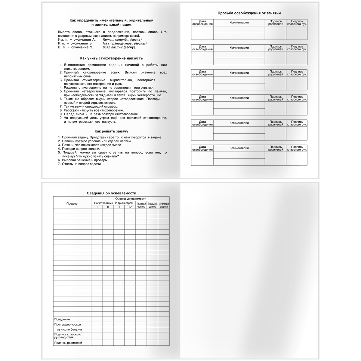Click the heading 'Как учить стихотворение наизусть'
[x=112, y=58]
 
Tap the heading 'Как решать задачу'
[x=111, y=131]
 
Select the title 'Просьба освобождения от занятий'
[x=249, y=13]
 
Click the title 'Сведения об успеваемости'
[x=111, y=193]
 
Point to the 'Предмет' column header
[x=72, y=204]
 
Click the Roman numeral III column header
[x=119, y=207]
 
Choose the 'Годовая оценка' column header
[x=141, y=205]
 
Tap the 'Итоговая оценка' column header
[x=164, y=205]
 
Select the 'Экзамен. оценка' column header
[x=153, y=205]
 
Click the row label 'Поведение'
[x=62, y=319]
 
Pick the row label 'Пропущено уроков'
[x=67, y=324]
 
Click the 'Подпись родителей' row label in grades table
[x=68, y=343]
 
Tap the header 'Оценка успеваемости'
[x=130, y=199]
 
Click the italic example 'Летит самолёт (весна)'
[x=122, y=39]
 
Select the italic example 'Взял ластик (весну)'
[x=119, y=47]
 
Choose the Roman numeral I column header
[x=97, y=207]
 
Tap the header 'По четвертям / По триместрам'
[x=113, y=203]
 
